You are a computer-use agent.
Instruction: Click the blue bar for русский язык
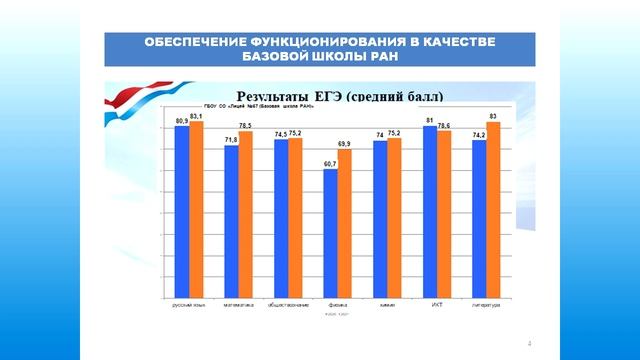(x=182, y=210)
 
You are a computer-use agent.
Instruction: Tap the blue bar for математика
(x=231, y=220)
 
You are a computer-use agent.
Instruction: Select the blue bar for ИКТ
(x=430, y=210)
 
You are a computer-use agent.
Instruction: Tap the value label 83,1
(x=197, y=117)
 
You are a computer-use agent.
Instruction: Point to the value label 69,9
(x=345, y=144)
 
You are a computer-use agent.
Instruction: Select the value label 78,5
(x=246, y=125)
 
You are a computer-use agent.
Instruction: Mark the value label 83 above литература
(x=494, y=117)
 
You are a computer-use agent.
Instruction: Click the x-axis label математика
(x=238, y=303)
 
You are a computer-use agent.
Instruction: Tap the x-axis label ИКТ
(x=437, y=303)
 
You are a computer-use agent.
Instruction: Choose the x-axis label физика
(x=337, y=303)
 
